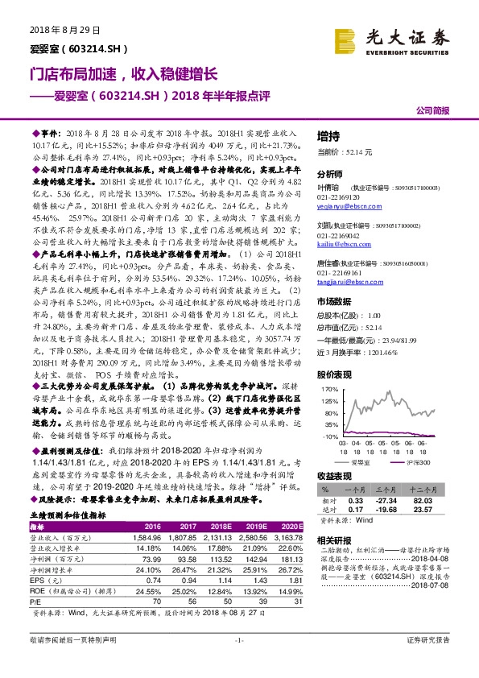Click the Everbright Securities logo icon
pos(347,37)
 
